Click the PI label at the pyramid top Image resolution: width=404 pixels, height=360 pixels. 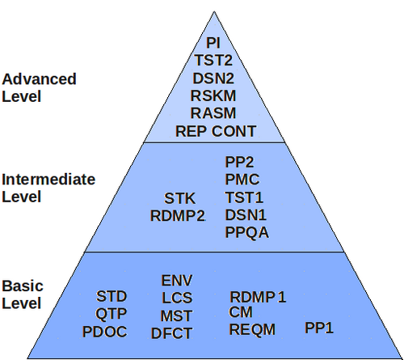coord(213,43)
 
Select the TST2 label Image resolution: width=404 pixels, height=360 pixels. coord(213,60)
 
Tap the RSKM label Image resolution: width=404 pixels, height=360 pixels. coord(213,95)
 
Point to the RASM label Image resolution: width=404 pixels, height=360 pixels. coord(213,113)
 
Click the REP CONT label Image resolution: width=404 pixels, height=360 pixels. coord(216,131)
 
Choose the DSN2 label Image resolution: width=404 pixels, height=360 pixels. coord(213,78)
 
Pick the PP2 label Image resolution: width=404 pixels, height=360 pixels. coord(239,162)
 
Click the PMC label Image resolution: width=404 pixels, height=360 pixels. coord(242,180)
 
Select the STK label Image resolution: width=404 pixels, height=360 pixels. coord(179,198)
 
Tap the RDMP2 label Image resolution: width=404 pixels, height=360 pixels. coord(178,216)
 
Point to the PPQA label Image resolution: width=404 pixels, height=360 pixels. coord(246,232)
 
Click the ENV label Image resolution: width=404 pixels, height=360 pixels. coord(177,281)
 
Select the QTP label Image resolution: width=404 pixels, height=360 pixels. coord(111,314)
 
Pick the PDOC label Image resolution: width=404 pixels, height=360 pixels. coord(104,332)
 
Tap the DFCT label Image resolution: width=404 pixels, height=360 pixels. coord(171,333)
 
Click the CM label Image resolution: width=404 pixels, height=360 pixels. coord(241,312)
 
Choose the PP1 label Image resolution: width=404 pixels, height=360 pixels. coord(319,328)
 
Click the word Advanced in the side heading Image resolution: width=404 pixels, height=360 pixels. coord(39,79)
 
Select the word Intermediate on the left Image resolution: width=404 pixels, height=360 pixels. coord(48,180)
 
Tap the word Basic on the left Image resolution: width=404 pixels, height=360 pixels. coord(23,286)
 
